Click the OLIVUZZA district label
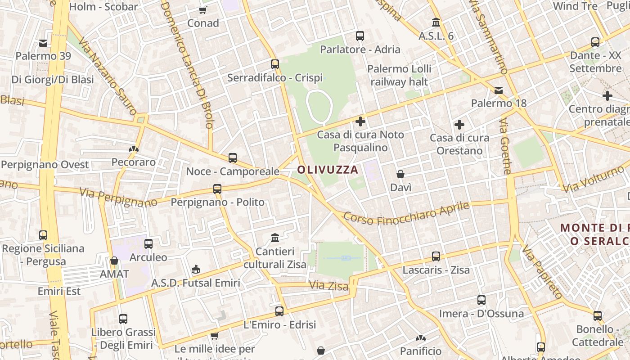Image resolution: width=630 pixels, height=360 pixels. pos(328,170)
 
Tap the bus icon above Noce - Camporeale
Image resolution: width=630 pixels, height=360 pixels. pos(233,158)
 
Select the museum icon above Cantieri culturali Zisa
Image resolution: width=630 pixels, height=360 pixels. pos(275,237)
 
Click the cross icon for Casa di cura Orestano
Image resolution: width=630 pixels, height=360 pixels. pos(459,125)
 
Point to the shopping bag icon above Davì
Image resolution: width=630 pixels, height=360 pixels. pos(400,174)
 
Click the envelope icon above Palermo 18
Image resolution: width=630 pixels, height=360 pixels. pos(499,90)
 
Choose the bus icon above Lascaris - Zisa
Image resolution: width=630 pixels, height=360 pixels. pos(436,256)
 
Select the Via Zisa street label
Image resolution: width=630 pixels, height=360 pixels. pos(329,285)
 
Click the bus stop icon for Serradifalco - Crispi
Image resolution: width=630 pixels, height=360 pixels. pos(275,64)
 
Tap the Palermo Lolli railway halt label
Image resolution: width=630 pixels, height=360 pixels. pos(399,75)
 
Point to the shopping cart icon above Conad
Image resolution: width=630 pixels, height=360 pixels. pos(203,10)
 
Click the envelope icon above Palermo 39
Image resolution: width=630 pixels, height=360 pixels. pos(43,43)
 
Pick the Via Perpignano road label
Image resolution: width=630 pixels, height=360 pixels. pos(118,198)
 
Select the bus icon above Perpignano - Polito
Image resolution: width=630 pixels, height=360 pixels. pos(217,189)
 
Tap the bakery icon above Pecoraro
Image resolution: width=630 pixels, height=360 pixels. pos(134,148)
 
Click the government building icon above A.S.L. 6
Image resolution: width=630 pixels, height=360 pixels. pos(436,22)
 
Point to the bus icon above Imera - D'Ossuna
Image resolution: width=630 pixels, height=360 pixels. pos(481,300)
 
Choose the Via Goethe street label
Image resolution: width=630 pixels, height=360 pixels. pos(505,146)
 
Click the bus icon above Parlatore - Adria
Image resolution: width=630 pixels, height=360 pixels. pos(360,36)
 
